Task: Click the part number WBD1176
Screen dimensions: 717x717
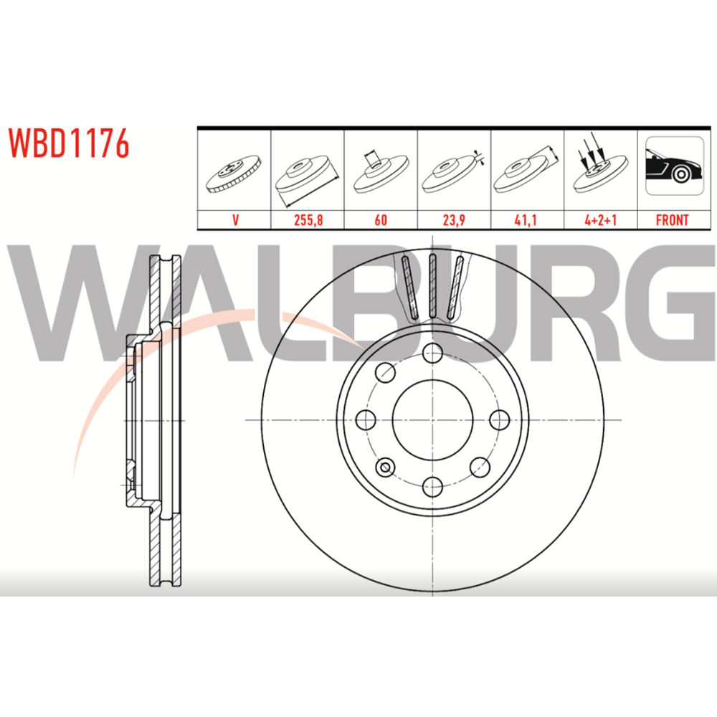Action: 69,143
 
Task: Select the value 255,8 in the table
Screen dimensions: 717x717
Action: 308,220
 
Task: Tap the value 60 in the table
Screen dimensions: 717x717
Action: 381,220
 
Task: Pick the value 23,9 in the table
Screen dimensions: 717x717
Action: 454,220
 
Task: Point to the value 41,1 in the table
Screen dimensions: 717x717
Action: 526,220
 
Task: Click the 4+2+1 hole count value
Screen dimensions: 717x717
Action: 600,220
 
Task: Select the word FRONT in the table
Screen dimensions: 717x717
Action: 673,220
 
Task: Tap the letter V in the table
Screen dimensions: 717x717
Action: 235,220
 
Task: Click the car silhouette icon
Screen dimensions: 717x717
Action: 674,166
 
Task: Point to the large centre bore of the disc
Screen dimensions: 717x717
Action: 432,419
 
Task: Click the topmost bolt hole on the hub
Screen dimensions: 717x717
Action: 432,353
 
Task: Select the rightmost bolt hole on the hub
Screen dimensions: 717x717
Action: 499,419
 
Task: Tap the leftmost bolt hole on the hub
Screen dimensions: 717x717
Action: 366,419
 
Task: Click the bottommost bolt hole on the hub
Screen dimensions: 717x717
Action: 432,487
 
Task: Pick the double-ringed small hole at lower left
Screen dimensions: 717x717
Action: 385,467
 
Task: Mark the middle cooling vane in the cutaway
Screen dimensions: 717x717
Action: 432,286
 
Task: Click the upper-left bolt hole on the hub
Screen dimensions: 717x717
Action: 385,372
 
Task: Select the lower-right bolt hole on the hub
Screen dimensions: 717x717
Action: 480,467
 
